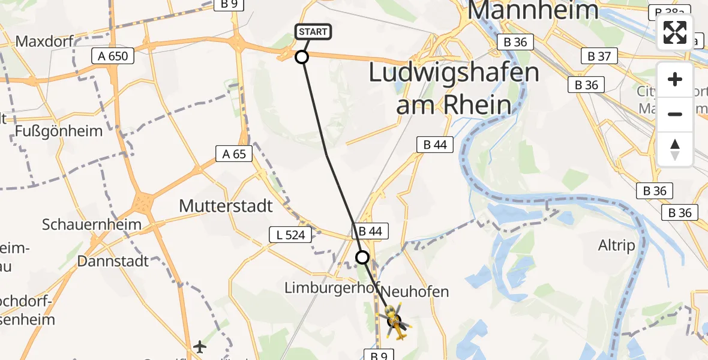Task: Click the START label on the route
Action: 313,32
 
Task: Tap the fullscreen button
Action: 675,32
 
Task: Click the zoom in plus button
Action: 675,79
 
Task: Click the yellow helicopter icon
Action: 395,321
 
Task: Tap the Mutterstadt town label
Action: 226,206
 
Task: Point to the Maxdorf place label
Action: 44,41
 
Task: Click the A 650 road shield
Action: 113,56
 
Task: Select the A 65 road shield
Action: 234,154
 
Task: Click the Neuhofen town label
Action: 415,292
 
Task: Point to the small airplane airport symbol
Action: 200,347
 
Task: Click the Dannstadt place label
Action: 113,261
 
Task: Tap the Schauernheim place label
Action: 92,225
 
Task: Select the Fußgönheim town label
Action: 59,130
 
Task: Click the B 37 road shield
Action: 599,56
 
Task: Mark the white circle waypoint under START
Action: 302,57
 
